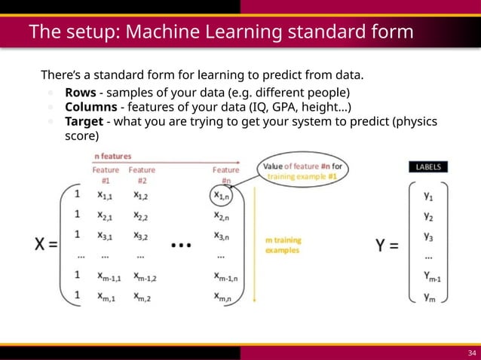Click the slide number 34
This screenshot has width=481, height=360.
(472, 353)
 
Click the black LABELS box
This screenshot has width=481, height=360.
(427, 167)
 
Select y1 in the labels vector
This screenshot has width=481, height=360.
(427, 195)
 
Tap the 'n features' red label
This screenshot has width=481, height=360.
(113, 156)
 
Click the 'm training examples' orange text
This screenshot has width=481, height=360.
(283, 246)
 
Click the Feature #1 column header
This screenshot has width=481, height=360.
(106, 175)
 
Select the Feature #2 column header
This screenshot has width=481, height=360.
(142, 175)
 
